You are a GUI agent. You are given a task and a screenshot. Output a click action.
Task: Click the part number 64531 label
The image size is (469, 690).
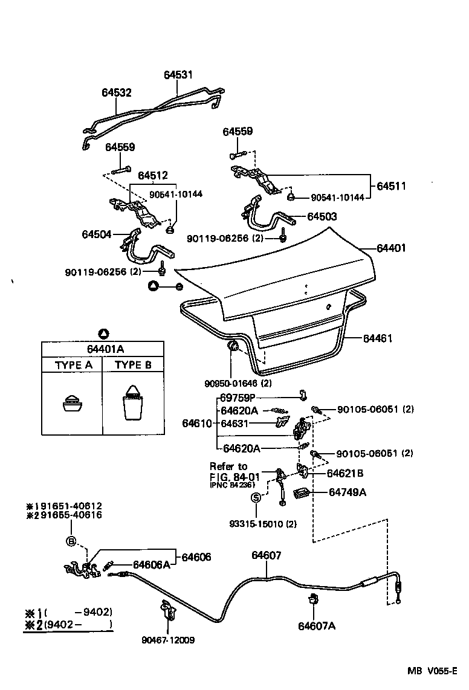178,75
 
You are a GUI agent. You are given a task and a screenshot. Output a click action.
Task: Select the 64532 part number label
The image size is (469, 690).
116,92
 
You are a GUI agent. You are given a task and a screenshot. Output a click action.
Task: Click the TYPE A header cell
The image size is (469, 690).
74,366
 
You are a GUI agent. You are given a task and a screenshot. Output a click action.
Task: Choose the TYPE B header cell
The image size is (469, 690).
133,366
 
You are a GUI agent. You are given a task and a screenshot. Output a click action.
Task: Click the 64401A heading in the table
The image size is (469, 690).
103,349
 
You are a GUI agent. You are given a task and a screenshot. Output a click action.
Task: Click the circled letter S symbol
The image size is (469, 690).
256,497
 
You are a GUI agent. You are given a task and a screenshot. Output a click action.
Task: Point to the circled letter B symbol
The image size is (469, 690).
71,541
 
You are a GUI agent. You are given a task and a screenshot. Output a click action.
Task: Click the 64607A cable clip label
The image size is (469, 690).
316,626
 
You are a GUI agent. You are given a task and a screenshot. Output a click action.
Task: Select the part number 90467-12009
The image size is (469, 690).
170,640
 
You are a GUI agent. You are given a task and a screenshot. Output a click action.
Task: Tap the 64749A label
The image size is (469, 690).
348,492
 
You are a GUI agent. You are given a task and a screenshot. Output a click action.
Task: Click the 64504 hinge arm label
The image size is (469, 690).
97,234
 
